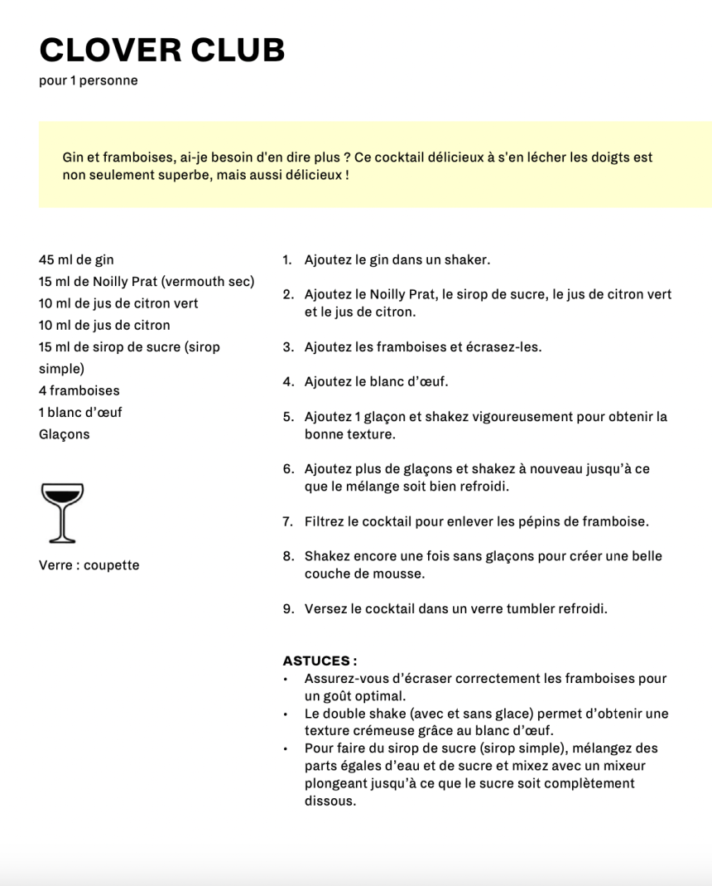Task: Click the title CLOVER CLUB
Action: click(162, 51)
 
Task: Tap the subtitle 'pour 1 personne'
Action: click(88, 81)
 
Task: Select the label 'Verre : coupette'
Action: click(89, 565)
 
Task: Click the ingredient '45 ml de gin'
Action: click(76, 259)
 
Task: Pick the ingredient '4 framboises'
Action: click(79, 390)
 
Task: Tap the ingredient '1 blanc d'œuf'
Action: click(80, 412)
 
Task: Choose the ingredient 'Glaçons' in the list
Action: click(64, 434)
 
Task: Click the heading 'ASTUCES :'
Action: click(320, 661)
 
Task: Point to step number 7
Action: click(287, 522)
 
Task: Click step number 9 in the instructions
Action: click(287, 609)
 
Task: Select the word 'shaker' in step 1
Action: click(467, 259)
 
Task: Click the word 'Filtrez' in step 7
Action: click(324, 522)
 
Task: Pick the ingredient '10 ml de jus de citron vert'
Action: click(118, 303)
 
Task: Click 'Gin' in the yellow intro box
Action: click(73, 157)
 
